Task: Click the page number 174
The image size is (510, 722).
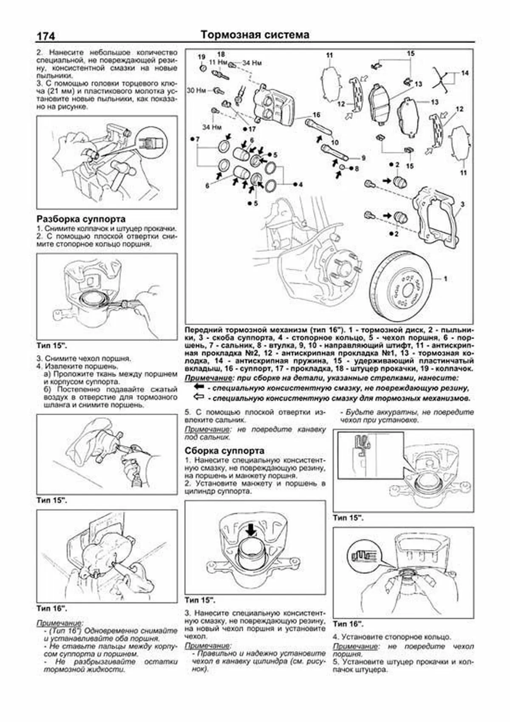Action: click(x=46, y=36)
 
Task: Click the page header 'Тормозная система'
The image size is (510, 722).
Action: click(x=255, y=34)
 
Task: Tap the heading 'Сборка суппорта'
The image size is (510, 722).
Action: click(x=224, y=451)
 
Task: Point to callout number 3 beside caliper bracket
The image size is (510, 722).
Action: click(x=462, y=204)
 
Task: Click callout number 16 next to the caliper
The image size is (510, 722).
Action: click(x=316, y=115)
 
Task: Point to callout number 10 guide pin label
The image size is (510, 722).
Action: click(x=335, y=142)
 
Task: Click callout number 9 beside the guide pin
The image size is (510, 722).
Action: click(x=363, y=158)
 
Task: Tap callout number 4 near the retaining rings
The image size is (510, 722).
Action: click(x=300, y=185)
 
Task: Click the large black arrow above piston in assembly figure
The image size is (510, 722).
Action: click(x=251, y=530)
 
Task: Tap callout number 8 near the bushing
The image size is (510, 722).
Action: click(x=356, y=168)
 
